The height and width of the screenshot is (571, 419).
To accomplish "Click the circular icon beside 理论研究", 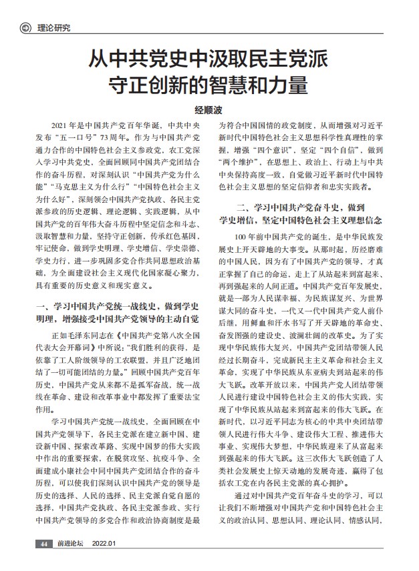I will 25,27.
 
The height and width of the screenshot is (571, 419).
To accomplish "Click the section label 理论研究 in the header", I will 52,27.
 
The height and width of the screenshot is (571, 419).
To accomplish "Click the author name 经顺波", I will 208,111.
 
